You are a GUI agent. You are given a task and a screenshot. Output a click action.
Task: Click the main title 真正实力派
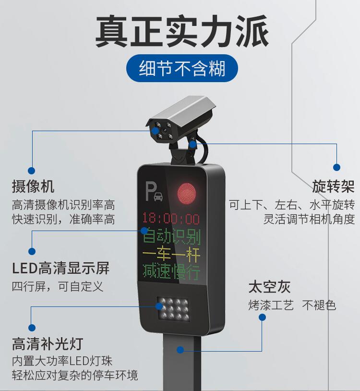pos(182,31)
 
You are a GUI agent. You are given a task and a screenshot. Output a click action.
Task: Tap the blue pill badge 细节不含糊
pos(182,68)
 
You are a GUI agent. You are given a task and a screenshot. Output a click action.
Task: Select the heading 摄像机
pos(33,186)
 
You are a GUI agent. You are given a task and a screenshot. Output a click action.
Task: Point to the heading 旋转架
pos(333,186)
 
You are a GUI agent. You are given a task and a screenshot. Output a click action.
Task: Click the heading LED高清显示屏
pos(61,268)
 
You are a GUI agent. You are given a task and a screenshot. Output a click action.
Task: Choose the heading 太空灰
pos(270,287)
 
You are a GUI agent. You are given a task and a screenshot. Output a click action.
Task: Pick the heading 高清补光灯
pos(48,343)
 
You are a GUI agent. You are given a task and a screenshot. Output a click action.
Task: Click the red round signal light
pos(186,194)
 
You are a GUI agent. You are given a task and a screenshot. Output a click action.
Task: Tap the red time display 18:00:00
pos(171,219)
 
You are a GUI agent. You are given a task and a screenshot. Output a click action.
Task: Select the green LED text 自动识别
pos(172,236)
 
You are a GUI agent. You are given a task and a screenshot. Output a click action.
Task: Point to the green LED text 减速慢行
pos(172,271)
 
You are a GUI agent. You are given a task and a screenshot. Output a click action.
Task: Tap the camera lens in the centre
pos(164,131)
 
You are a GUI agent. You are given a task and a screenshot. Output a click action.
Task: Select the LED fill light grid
pos(173,309)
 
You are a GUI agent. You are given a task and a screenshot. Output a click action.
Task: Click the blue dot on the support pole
pos(180,350)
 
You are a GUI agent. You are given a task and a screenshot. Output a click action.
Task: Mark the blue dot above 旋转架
pos(336,167)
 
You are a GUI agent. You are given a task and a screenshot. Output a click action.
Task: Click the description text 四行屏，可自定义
pos(58,286)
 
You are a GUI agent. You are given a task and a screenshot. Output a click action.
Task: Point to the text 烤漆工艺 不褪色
pos(292,305)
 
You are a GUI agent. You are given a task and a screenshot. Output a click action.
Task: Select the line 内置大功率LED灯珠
pos(62,361)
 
